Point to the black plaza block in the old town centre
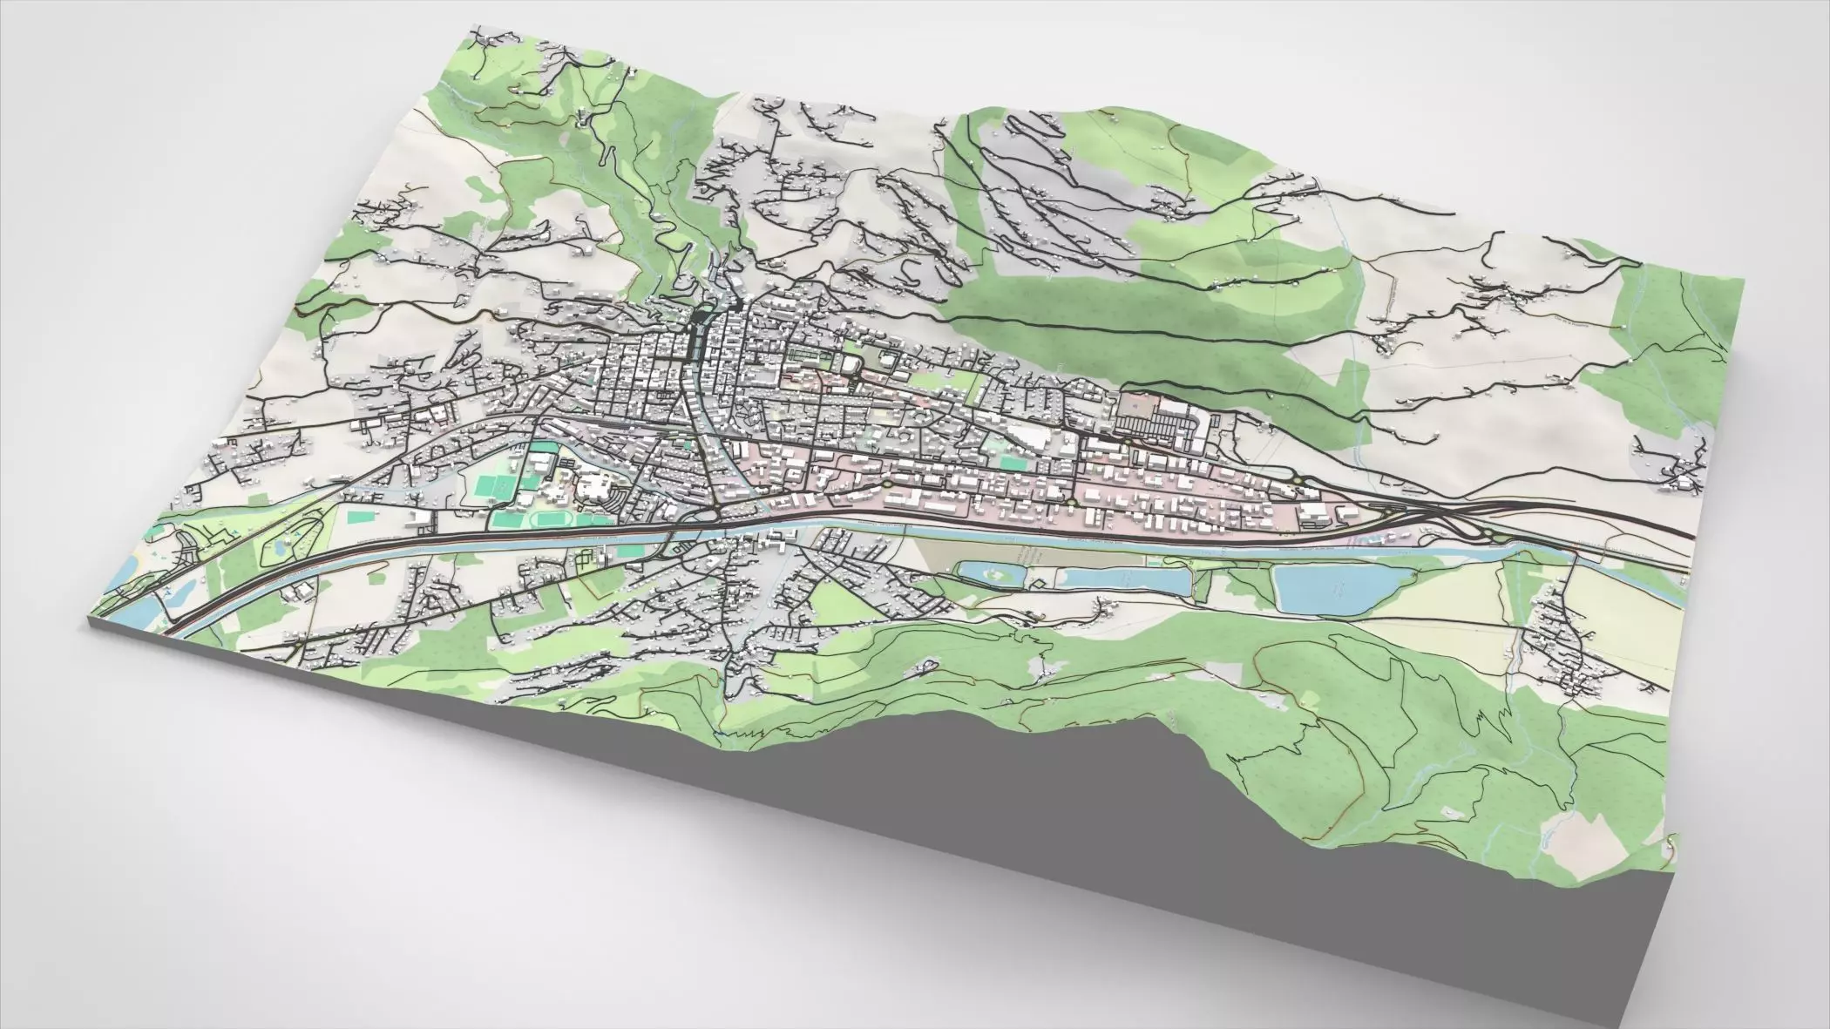point(698,335)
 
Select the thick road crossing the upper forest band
point(1133,331)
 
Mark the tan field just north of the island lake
point(1002,549)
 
